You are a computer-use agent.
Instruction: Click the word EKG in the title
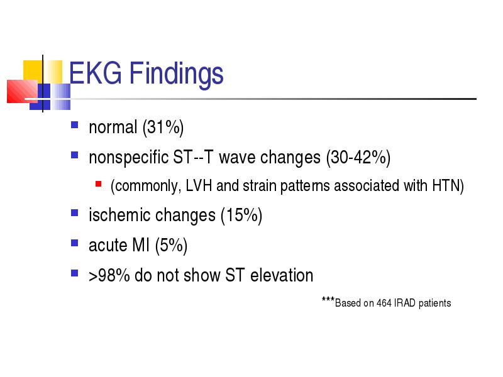click(x=96, y=73)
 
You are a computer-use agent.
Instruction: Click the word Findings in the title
click(x=176, y=75)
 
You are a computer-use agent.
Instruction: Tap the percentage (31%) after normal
click(x=163, y=128)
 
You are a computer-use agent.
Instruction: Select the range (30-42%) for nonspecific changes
click(x=358, y=158)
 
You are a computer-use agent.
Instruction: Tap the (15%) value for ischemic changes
click(x=241, y=216)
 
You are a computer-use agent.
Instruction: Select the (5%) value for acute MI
click(x=171, y=246)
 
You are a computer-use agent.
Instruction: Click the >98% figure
click(x=109, y=275)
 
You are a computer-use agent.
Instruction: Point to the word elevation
click(x=282, y=275)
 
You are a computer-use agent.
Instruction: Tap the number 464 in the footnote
click(x=384, y=303)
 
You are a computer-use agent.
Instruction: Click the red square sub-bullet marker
click(x=99, y=183)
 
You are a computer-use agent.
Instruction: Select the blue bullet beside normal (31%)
click(x=74, y=124)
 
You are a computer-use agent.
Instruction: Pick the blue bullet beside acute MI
click(x=74, y=243)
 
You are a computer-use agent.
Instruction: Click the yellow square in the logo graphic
click(x=33, y=70)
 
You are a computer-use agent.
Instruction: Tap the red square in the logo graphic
click(x=22, y=91)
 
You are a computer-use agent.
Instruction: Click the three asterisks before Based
click(x=328, y=300)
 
